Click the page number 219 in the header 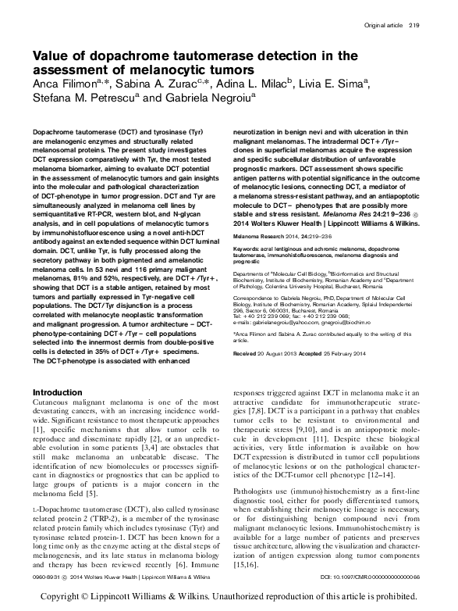tap(413, 26)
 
